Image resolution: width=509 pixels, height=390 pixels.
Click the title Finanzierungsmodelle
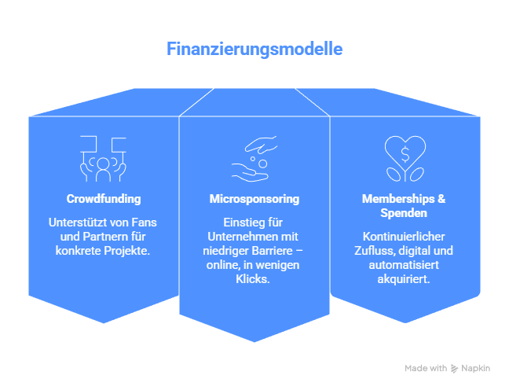pos(255,49)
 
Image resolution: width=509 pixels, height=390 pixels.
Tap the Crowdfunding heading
pos(104,198)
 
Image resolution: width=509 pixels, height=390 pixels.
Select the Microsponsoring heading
pos(255,198)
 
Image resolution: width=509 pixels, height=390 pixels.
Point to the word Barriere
pos(273,252)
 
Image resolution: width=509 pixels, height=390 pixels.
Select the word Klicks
pos(255,279)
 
